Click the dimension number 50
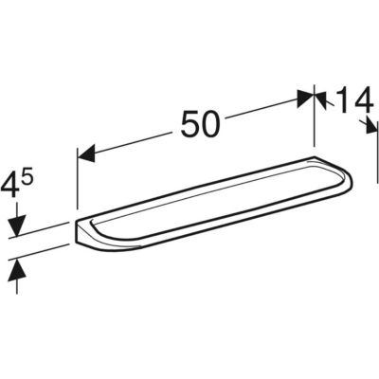click(200, 124)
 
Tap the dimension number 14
click(352, 100)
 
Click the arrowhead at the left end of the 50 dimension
click(86, 153)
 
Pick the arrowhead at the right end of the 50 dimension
click(306, 99)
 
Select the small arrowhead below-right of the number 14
click(370, 126)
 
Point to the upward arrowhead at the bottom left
click(17, 269)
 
